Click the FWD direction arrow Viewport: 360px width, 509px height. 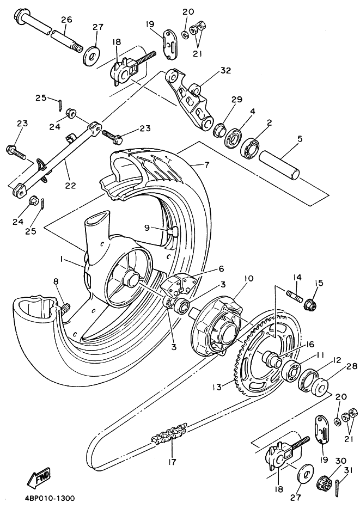pos(38,476)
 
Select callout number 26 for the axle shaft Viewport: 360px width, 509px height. pos(66,20)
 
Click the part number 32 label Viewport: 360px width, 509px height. pos(225,70)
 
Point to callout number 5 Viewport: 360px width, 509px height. pos(300,139)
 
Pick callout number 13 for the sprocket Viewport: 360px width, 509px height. pos(217,387)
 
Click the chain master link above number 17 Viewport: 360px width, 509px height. pos(169,434)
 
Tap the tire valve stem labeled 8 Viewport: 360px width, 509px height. pos(65,308)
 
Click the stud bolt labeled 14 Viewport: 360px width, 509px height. pos(294,296)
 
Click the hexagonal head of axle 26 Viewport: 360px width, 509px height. pos(21,16)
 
